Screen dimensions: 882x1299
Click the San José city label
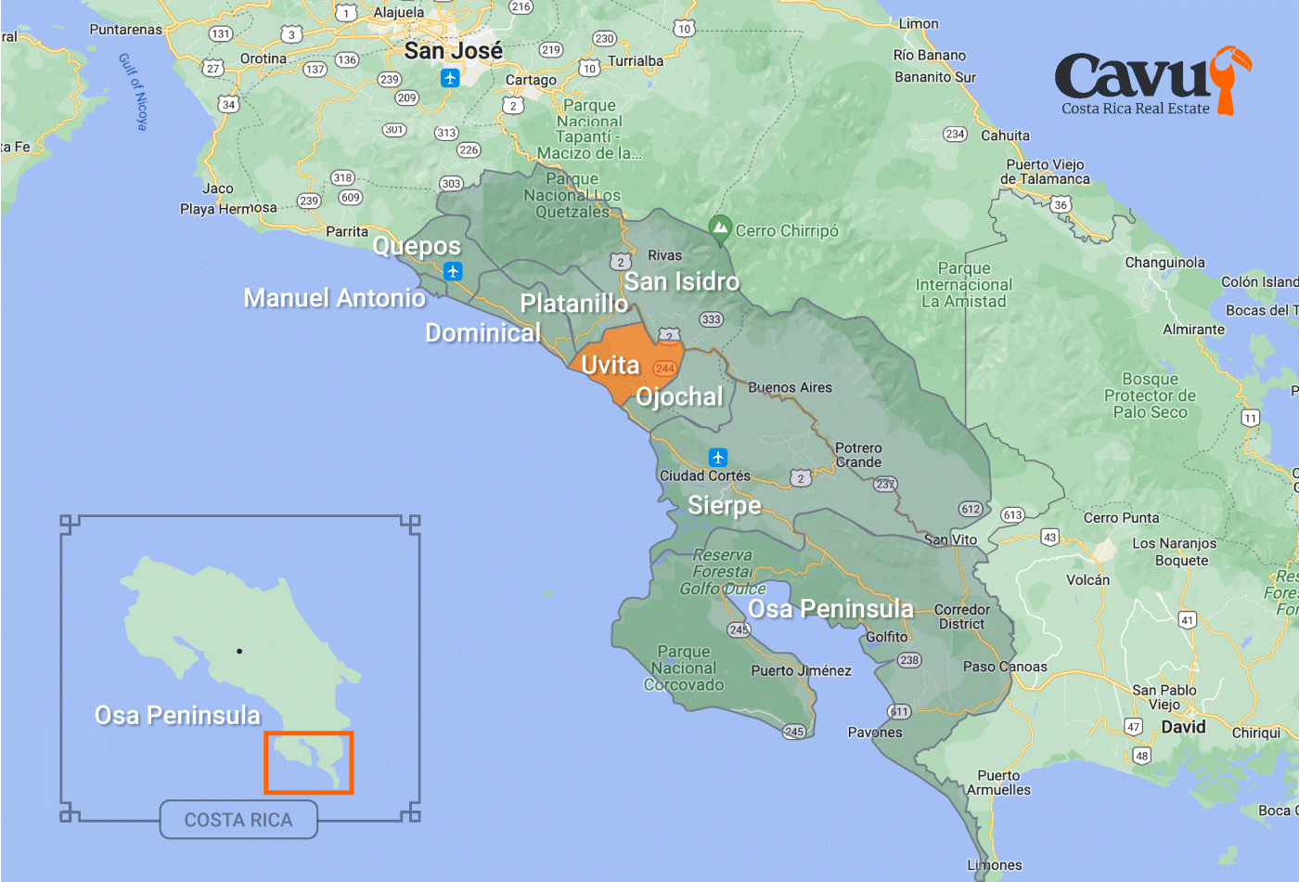tap(453, 51)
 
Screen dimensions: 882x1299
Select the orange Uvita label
tap(611, 365)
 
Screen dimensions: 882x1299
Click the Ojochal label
tap(679, 396)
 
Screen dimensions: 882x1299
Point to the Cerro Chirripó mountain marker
tap(720, 227)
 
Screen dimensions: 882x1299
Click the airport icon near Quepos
tap(453, 271)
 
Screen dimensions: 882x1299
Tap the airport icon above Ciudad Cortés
tap(717, 458)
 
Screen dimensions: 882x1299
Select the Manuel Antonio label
tap(334, 298)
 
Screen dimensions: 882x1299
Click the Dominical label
tap(482, 332)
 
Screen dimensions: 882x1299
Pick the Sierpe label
tap(724, 505)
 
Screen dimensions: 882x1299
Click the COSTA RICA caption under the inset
tap(238, 820)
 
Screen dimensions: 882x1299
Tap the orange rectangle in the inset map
tap(309, 762)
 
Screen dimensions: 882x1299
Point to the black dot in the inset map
tap(239, 651)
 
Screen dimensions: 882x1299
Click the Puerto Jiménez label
tap(801, 670)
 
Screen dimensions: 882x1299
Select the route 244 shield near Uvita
tap(664, 369)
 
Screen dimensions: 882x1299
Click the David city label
tap(1183, 727)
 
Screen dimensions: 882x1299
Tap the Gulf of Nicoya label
tap(133, 91)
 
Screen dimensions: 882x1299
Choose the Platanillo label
tap(573, 304)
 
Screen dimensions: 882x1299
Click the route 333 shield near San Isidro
tap(711, 319)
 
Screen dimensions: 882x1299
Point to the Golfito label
tap(887, 637)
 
